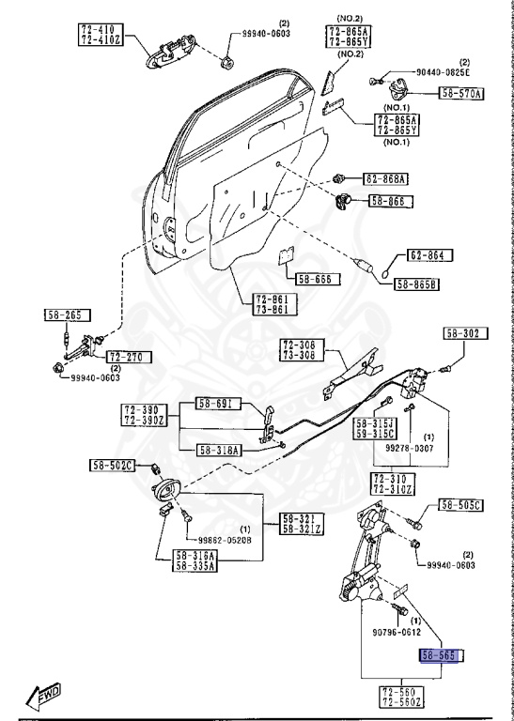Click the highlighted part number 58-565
pyautogui.click(x=439, y=656)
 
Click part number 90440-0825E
pyautogui.click(x=441, y=72)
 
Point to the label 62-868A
pyautogui.click(x=386, y=178)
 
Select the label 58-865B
pyautogui.click(x=418, y=284)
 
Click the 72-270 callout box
pyautogui.click(x=128, y=357)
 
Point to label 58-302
pyautogui.click(x=463, y=332)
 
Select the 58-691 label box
pyautogui.click(x=218, y=404)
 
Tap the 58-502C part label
pyautogui.click(x=113, y=465)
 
